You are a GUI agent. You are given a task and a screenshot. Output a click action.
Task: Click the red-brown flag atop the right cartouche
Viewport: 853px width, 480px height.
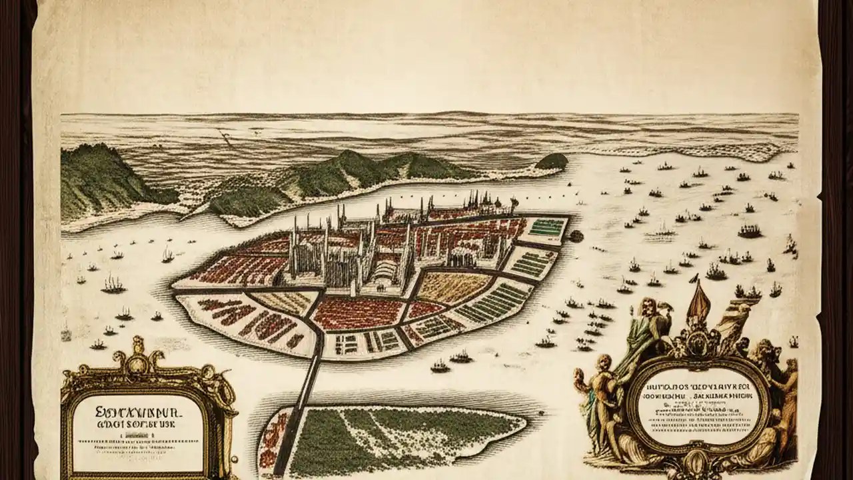[x=698, y=303]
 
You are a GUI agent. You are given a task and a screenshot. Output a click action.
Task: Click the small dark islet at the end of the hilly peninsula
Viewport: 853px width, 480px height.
[x=551, y=161]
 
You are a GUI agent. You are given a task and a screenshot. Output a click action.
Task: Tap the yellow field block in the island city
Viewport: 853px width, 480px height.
[x=453, y=287]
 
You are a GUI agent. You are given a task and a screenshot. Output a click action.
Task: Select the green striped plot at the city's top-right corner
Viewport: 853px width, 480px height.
[x=546, y=227]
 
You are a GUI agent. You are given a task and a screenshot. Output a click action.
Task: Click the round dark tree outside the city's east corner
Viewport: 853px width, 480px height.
[x=576, y=235]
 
